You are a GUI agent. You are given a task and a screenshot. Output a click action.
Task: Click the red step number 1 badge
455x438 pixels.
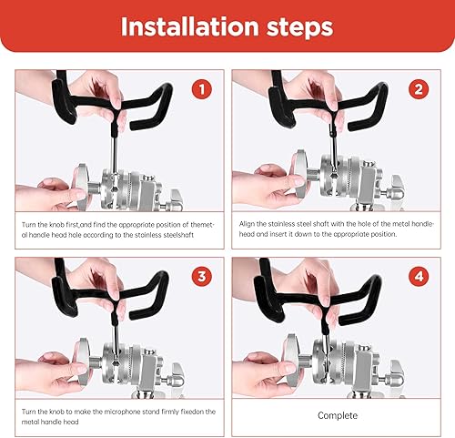(202, 89)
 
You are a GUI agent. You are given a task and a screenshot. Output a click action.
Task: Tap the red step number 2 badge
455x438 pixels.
(419, 89)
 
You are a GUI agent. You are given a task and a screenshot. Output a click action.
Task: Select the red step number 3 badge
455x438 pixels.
(202, 277)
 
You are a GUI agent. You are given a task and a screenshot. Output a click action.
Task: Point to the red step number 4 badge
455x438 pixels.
(419, 277)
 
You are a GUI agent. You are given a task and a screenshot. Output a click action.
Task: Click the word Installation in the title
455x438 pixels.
(189, 26)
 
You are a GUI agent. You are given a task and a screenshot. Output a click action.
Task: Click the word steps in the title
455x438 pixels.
(299, 28)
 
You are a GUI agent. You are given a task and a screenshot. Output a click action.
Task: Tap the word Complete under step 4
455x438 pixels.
(338, 415)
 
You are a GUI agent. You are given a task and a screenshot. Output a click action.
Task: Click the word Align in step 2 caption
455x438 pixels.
(247, 224)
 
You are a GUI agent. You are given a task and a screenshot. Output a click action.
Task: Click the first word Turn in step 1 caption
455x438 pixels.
(29, 225)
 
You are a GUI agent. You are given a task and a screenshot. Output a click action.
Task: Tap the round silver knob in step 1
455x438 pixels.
(80, 187)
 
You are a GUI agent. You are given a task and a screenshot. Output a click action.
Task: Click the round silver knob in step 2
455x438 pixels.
(299, 173)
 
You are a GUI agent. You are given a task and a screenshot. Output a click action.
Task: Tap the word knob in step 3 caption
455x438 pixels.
(56, 412)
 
